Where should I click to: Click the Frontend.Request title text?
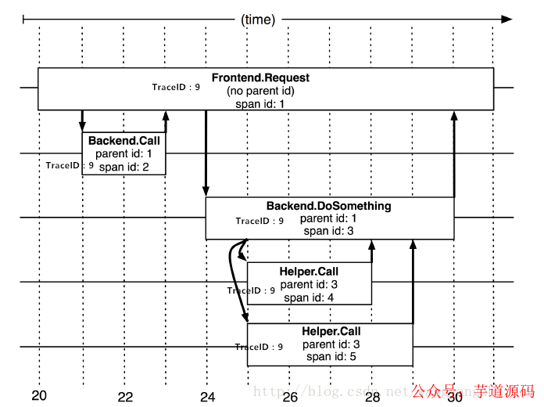pos(260,77)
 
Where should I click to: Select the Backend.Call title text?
pos(123,141)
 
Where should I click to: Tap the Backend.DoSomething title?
pos(328,206)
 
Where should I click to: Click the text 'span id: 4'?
pos(309,297)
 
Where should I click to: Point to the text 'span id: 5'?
pos(331,357)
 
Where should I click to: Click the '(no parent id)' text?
pos(260,91)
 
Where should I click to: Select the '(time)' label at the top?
pos(258,20)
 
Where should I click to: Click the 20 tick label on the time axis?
pos(39,395)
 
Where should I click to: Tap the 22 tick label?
pos(125,397)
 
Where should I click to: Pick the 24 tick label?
pos(207,397)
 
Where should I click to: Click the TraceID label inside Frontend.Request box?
pos(176,87)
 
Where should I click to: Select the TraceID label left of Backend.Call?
pos(70,165)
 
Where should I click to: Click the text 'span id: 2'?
pos(123,167)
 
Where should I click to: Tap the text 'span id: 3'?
pos(328,231)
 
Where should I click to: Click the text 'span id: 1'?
pos(260,103)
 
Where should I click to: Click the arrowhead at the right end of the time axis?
pos(506,19)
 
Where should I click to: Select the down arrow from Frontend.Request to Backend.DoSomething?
pos(206,153)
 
